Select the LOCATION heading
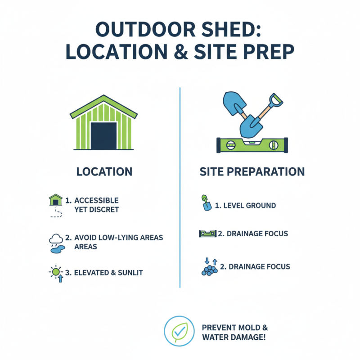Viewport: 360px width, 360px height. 104,171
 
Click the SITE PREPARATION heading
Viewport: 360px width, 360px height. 252,171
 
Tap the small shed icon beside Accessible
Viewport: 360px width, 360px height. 55,200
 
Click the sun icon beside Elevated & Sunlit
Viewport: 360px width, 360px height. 56,272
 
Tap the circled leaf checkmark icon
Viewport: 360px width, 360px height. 179,331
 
